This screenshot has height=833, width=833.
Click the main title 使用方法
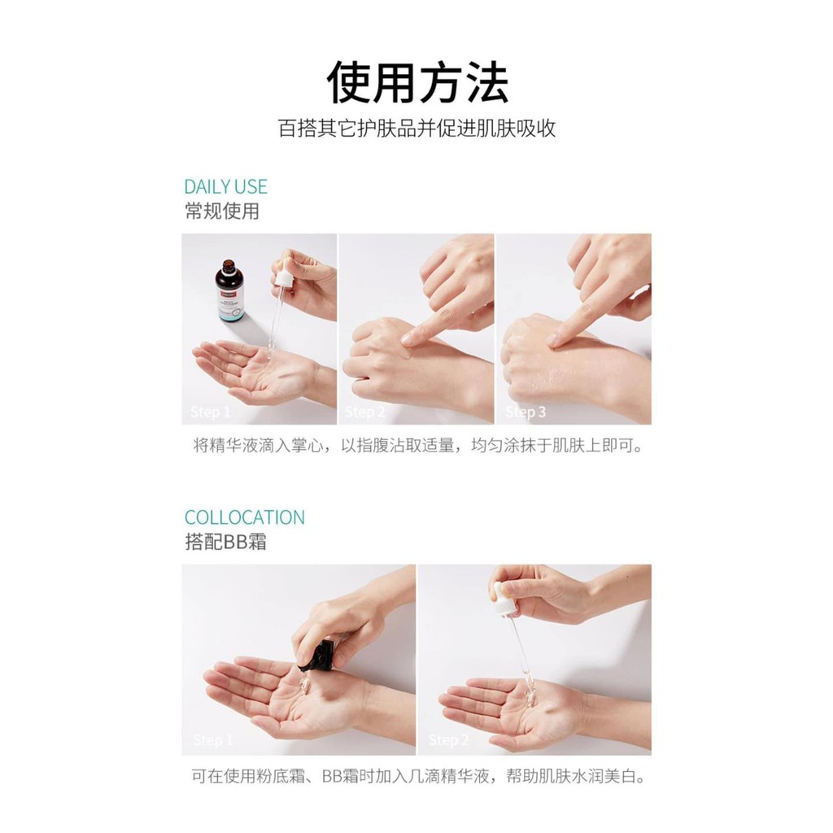click(x=417, y=82)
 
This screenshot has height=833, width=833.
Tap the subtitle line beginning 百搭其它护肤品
click(x=416, y=129)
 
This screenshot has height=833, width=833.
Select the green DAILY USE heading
click(x=225, y=187)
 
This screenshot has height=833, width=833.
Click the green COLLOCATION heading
click(x=244, y=517)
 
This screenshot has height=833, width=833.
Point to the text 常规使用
click(x=221, y=212)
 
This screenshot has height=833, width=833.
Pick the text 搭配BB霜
click(x=225, y=543)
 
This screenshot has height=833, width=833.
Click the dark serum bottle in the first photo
click(x=230, y=291)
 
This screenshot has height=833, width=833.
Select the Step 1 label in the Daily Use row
click(x=210, y=412)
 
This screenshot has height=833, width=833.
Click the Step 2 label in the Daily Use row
click(x=364, y=412)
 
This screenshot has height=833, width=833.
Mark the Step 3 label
click(x=525, y=412)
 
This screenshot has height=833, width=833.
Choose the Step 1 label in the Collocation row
click(x=212, y=740)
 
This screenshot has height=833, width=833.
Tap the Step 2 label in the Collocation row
click(x=448, y=740)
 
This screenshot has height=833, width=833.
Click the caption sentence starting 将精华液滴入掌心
click(x=417, y=446)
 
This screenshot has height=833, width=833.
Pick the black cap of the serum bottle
click(x=229, y=266)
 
